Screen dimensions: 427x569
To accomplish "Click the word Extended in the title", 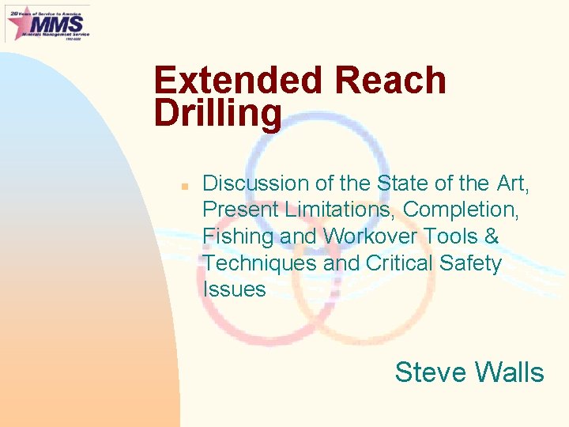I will click(x=238, y=81).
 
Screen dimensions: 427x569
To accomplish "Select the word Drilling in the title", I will click(x=217, y=113).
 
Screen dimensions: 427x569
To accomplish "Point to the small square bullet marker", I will click(x=183, y=186).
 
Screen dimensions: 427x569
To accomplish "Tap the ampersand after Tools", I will click(x=492, y=236).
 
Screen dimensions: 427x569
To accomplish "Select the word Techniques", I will click(x=259, y=263).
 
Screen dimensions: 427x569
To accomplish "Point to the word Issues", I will click(x=234, y=289).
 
